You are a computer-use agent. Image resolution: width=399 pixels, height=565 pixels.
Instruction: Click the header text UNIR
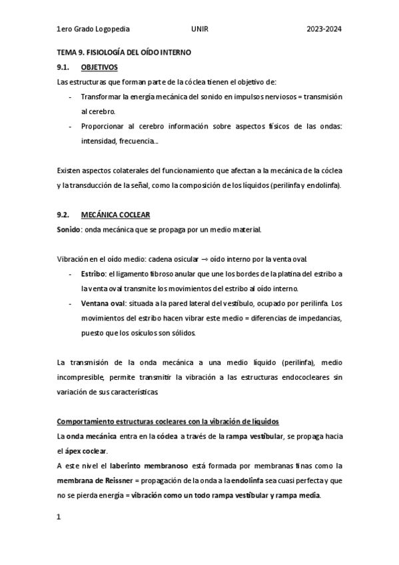click(x=199, y=29)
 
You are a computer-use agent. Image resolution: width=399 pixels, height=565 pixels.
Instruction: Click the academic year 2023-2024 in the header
click(x=324, y=29)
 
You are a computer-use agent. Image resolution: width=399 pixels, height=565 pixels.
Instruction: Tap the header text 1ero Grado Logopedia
click(x=94, y=29)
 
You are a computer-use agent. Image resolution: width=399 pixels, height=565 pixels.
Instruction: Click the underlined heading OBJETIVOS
click(x=99, y=67)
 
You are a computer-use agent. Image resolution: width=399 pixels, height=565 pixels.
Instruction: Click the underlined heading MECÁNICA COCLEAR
click(x=115, y=215)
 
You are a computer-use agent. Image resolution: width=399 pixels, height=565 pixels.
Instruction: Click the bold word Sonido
click(x=69, y=230)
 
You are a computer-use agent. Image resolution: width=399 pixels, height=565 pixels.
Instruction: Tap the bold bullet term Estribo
click(x=93, y=274)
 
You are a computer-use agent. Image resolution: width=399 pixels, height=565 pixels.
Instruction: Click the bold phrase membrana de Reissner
click(x=91, y=480)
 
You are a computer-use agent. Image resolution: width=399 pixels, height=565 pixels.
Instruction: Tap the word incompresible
click(x=83, y=377)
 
